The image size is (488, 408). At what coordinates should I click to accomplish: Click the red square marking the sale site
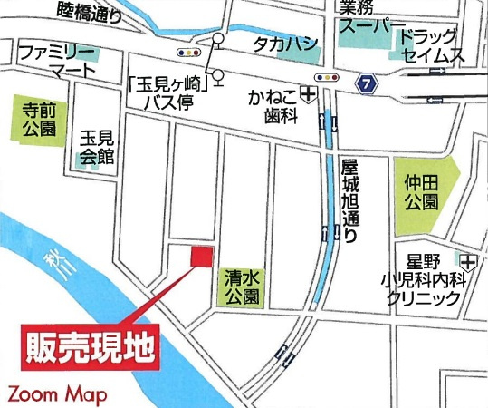pyautogui.click(x=200, y=257)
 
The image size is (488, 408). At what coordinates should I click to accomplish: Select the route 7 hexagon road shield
pyautogui.click(x=365, y=83)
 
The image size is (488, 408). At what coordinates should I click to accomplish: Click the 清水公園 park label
pyautogui.click(x=240, y=288)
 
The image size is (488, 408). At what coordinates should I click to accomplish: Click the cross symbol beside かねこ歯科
pyautogui.click(x=310, y=93)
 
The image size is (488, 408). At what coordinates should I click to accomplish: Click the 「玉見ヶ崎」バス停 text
pyautogui.click(x=177, y=90)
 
